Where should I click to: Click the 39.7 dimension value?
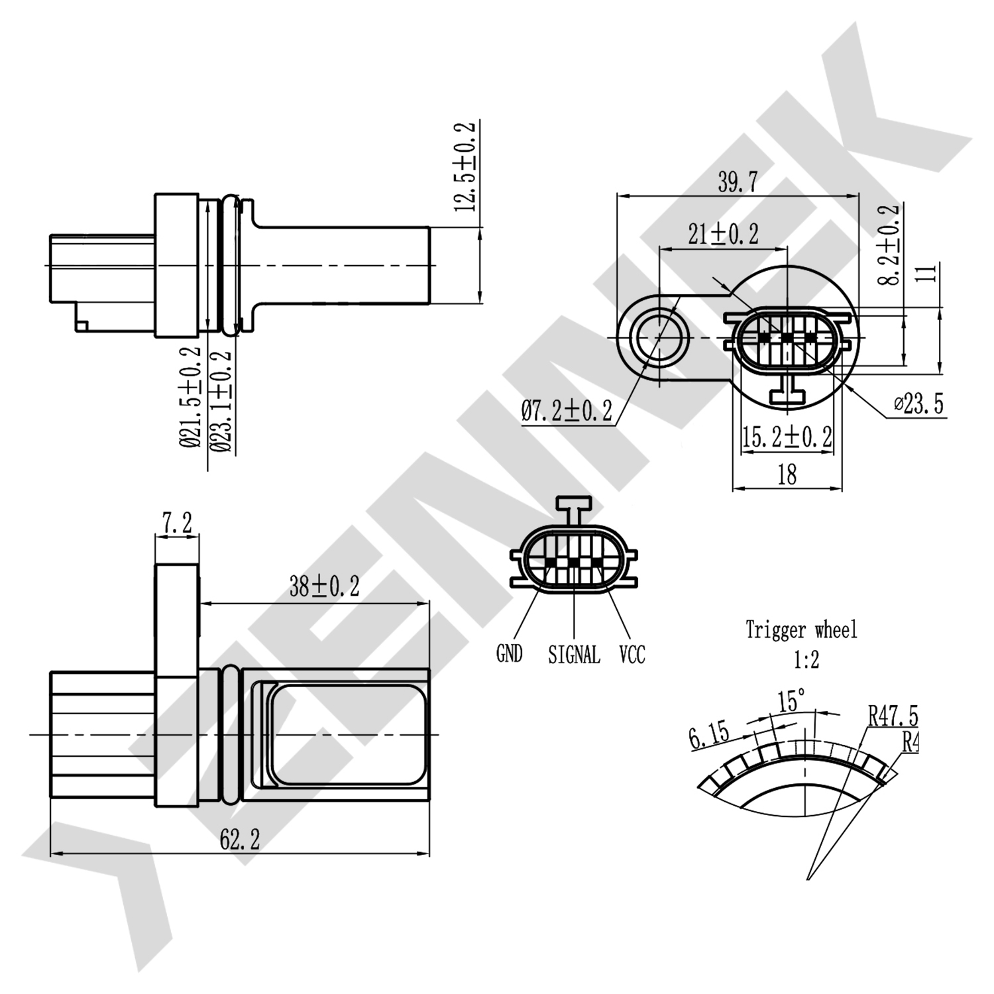pyautogui.click(x=737, y=182)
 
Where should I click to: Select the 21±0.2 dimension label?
pyautogui.click(x=723, y=234)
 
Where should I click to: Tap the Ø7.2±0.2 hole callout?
pyautogui.click(x=567, y=411)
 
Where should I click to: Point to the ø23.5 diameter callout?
pyautogui.click(x=918, y=404)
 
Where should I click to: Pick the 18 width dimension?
pyautogui.click(x=787, y=474)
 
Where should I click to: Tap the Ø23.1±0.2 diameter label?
pyautogui.click(x=223, y=401)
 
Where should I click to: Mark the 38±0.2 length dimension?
pyautogui.click(x=324, y=586)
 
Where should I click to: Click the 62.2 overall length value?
pyautogui.click(x=240, y=840)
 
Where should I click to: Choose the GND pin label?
pyautogui.click(x=509, y=654)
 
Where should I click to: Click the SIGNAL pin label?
pyautogui.click(x=574, y=655)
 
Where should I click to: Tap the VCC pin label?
pyautogui.click(x=632, y=655)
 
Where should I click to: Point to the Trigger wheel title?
pyautogui.click(x=801, y=630)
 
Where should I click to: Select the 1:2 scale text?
pyautogui.click(x=806, y=659)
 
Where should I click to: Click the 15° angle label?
pyautogui.click(x=791, y=700)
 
